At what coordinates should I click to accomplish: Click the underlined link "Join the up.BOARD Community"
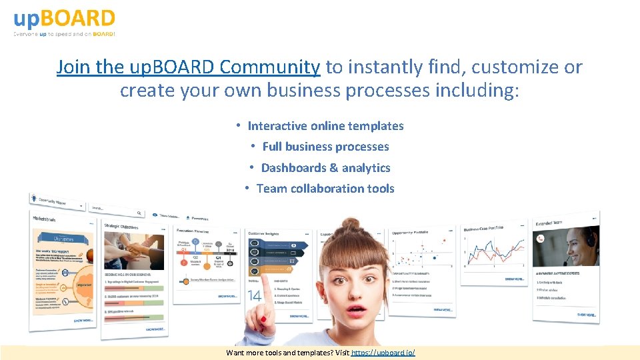click(x=188, y=67)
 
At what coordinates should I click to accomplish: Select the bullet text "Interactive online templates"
click(x=325, y=126)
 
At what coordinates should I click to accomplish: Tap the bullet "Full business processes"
click(x=325, y=147)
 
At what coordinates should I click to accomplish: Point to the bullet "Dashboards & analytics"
click(x=325, y=168)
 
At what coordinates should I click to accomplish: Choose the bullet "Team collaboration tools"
click(x=325, y=189)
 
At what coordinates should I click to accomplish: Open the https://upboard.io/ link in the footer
click(x=383, y=352)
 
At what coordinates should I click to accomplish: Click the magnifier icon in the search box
click(x=139, y=213)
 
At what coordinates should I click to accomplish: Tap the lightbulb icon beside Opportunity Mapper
click(x=33, y=197)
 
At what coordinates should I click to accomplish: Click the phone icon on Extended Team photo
click(x=541, y=239)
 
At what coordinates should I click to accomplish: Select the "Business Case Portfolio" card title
click(x=484, y=229)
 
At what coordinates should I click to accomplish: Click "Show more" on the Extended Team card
click(x=586, y=314)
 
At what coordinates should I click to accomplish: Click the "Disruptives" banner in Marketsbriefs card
click(x=63, y=238)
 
